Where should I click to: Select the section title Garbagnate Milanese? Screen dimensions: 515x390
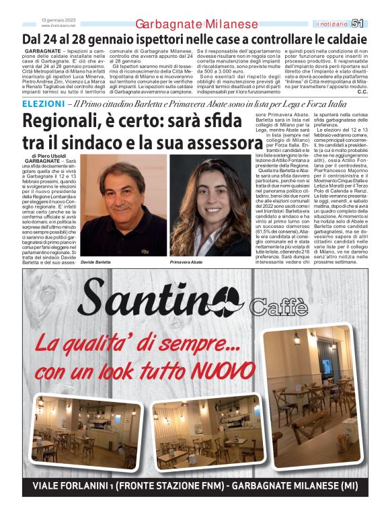coord(196,24)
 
